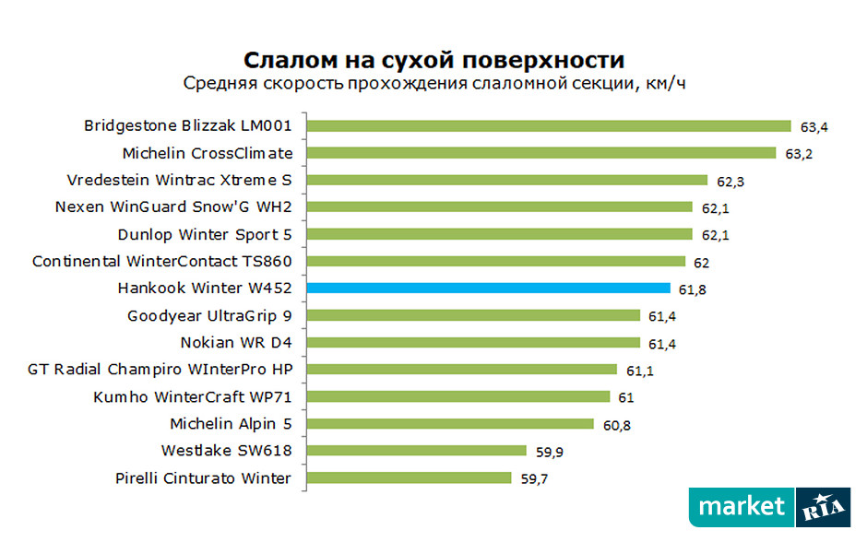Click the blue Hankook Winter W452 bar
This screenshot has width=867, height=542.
point(489,289)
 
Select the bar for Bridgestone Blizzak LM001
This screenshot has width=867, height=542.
point(549,126)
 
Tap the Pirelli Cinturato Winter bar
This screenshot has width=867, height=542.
point(409,478)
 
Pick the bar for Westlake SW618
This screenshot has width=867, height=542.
point(416,452)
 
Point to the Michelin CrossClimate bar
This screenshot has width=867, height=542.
point(541,153)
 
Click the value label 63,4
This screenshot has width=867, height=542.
point(813,126)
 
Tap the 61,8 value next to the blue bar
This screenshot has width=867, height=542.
point(691,289)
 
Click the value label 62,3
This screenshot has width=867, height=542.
point(729,182)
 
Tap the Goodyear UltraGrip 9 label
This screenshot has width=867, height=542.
point(210,315)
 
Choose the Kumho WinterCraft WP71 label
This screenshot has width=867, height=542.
point(193,397)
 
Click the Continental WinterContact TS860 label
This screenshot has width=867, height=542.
point(162,262)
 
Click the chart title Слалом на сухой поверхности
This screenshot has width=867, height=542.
point(433,61)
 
